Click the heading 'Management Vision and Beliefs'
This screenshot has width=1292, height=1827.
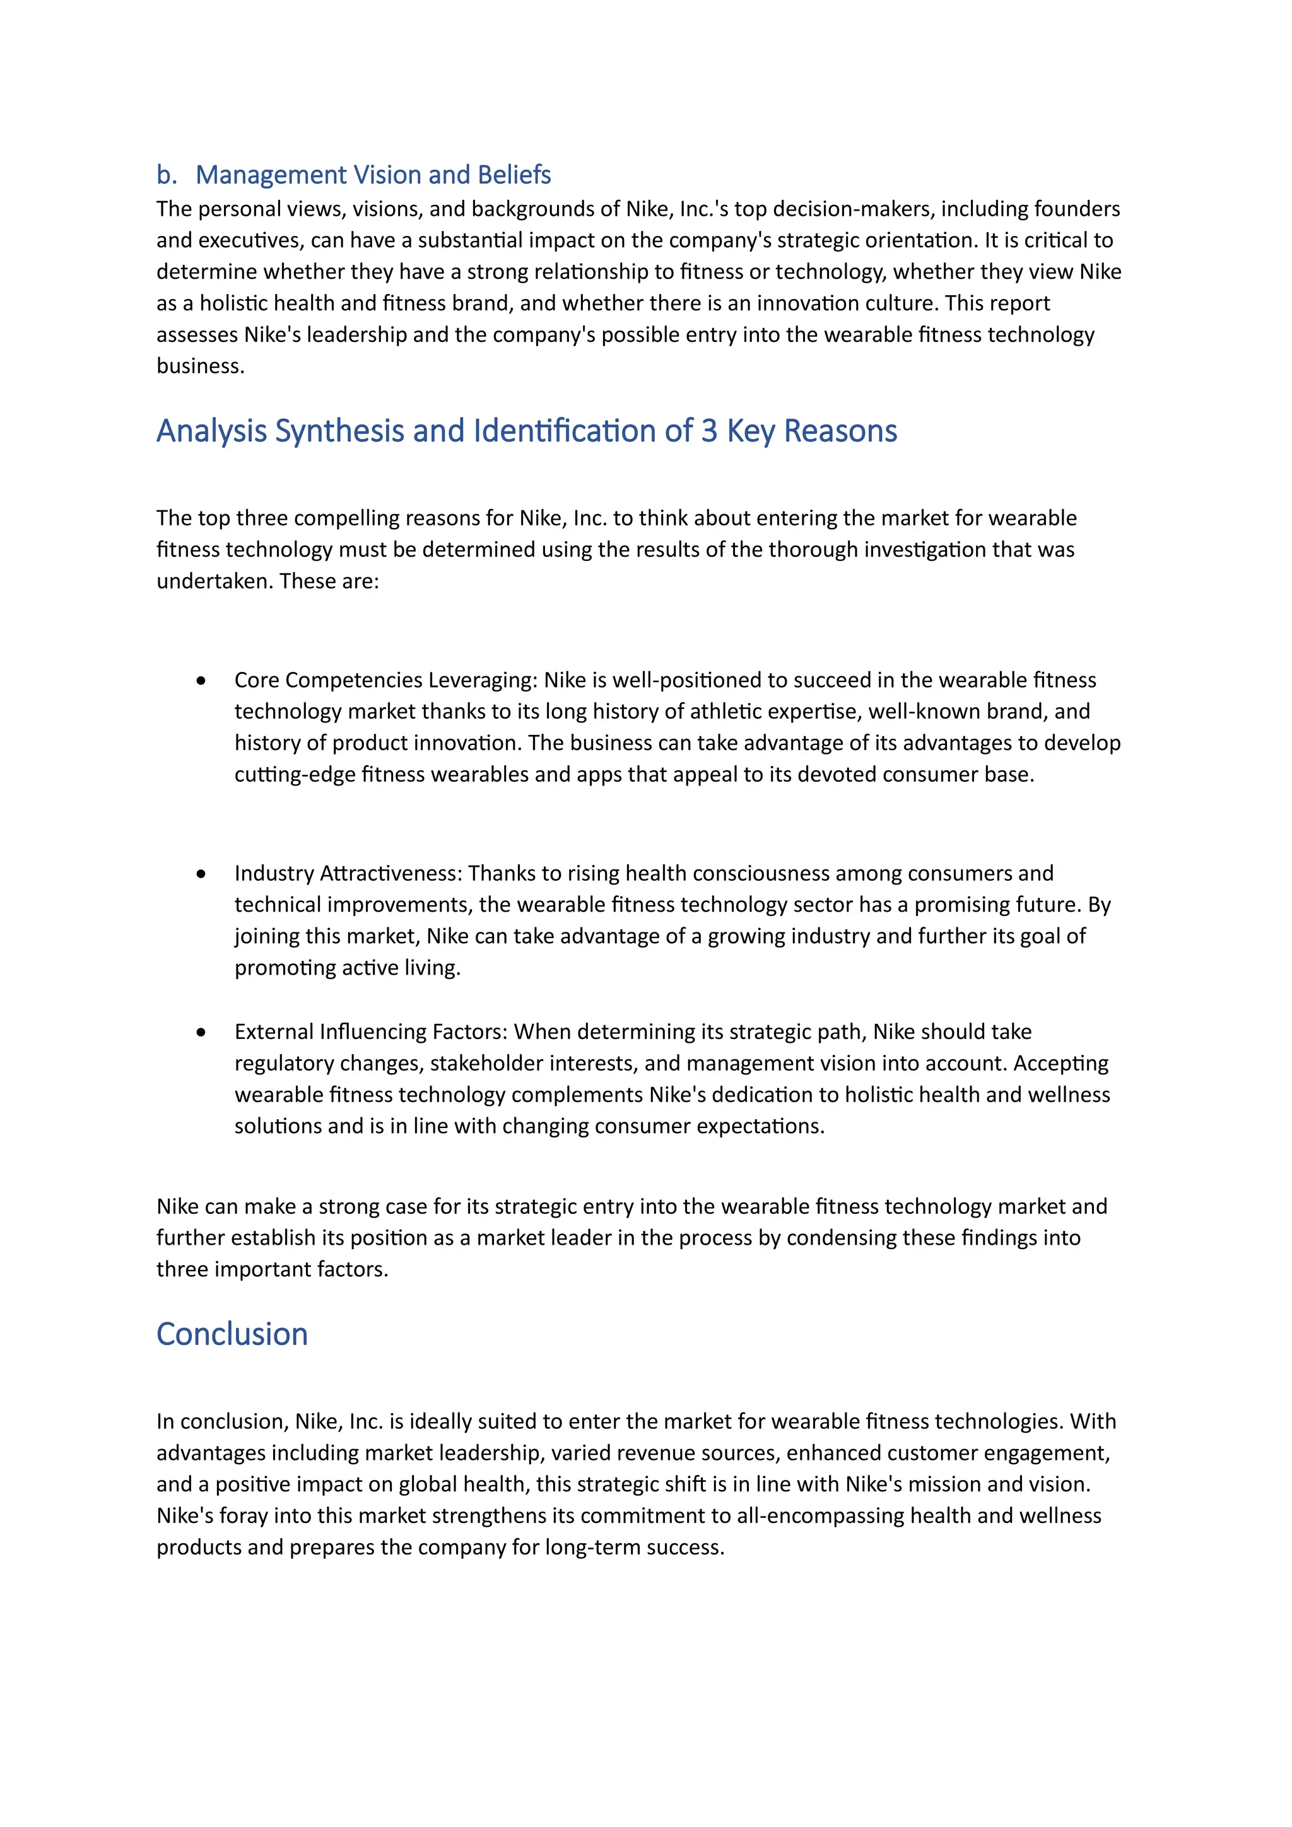(x=372, y=174)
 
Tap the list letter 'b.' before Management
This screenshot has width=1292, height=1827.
(x=167, y=174)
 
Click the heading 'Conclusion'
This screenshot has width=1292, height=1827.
(x=232, y=1334)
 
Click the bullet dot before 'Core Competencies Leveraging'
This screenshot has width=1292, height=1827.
(x=201, y=680)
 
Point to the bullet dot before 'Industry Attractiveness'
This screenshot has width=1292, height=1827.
(x=201, y=874)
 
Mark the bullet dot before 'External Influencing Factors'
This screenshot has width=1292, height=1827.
(x=201, y=1032)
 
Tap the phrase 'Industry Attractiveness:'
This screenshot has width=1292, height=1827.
(x=348, y=873)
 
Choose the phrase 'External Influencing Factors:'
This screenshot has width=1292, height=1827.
(x=371, y=1031)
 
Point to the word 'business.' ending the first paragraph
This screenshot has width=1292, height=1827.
(x=201, y=366)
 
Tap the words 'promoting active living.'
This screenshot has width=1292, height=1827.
(x=348, y=968)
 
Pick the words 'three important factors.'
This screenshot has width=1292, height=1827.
(x=272, y=1269)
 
